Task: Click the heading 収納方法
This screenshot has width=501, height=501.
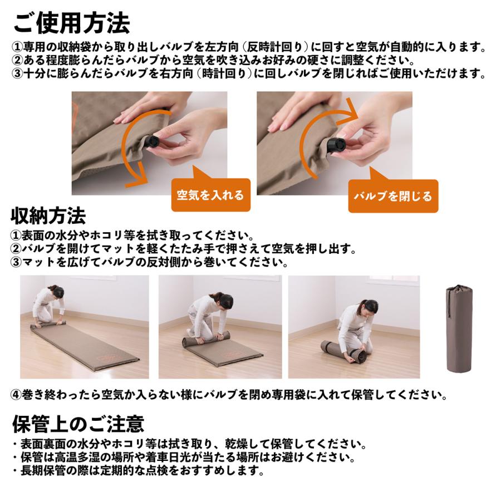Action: pos(49,214)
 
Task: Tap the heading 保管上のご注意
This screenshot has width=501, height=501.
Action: pos(78,424)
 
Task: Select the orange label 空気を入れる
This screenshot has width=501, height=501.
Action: pos(210,195)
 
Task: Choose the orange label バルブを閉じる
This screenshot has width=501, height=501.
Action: pos(393,196)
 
